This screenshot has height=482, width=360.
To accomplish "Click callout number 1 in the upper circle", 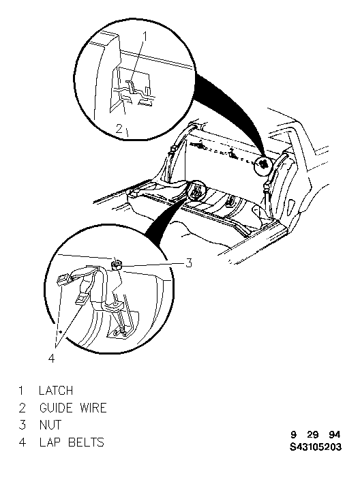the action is point(145,36).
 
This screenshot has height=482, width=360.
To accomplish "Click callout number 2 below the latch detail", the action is point(119,128).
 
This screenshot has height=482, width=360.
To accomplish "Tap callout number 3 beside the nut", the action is point(188,263).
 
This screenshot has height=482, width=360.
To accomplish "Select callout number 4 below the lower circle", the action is point(52,358).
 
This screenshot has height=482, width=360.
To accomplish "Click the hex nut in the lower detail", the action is point(117,265).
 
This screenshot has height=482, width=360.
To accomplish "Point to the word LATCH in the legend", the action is point(56,391).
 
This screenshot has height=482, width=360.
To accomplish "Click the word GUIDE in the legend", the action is point(56,408).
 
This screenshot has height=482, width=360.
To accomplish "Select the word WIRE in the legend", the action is point(93,408).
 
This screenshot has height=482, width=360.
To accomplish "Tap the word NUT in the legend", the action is point(50,425).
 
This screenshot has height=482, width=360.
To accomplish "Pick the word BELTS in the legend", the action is point(86,442).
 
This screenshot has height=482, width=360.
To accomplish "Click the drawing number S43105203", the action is point(316,447).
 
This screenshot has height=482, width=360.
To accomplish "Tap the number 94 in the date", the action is point(335,435).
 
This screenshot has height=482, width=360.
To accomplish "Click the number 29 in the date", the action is point(312,435).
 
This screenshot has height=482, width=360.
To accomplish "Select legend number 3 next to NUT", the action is point(22,425).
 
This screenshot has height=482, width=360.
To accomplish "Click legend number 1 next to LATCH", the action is point(21,391).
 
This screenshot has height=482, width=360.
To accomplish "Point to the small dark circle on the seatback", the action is point(263,164).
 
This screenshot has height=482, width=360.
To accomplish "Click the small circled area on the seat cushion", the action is point(196,191).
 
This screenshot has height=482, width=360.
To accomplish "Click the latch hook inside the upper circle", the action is point(132,87).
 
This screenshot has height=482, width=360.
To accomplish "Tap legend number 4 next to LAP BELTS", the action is point(22,442).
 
